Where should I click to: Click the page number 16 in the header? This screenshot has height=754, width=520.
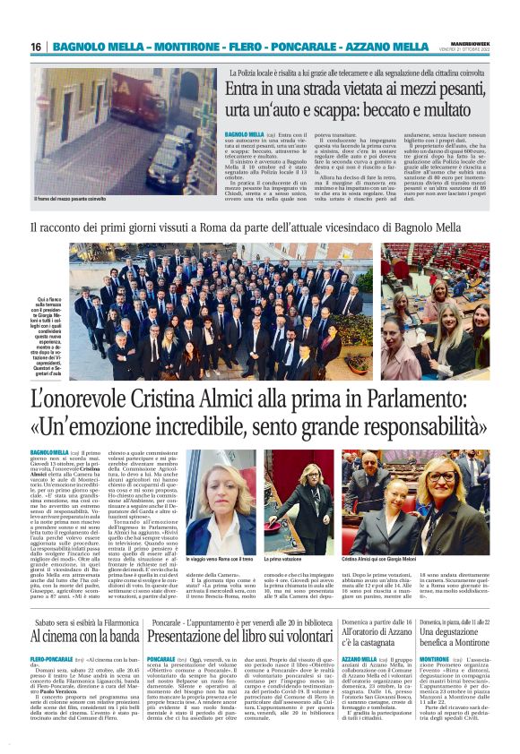[36, 47]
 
